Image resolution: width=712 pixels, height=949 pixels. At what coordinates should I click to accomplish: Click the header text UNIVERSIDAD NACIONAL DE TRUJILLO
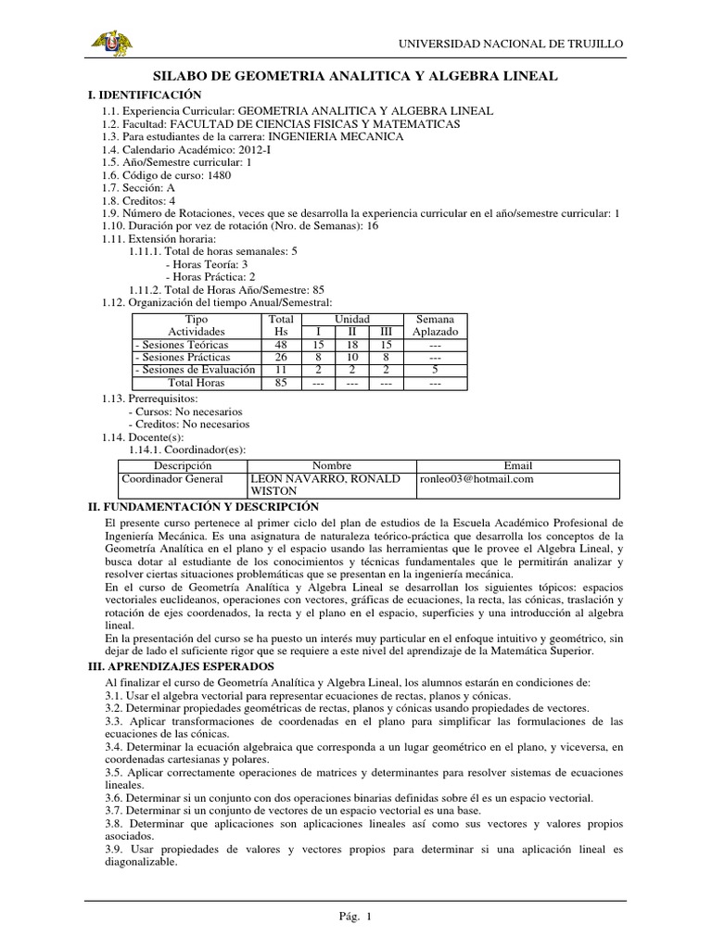tap(511, 44)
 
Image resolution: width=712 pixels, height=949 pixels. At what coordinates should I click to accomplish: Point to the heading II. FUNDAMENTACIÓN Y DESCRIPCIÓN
tap(202, 507)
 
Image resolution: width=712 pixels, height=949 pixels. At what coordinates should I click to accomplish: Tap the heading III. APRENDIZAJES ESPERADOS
tap(180, 666)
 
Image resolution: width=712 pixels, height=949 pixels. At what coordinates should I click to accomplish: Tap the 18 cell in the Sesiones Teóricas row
tap(351, 345)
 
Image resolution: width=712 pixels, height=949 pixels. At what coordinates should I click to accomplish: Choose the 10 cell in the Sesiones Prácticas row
tap(351, 358)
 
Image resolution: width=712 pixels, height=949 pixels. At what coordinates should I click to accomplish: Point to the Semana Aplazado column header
tap(435, 325)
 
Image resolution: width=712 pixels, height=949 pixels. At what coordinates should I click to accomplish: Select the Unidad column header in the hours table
tap(351, 319)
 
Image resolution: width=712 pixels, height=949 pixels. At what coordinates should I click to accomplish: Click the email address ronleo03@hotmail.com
tap(477, 479)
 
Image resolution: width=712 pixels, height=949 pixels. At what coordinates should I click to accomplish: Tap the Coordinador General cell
tap(173, 479)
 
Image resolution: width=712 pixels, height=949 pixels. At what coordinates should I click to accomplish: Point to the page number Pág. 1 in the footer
tap(355, 917)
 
